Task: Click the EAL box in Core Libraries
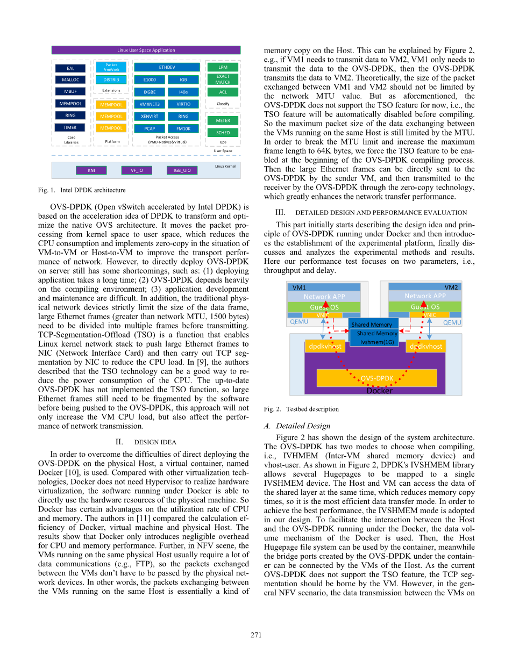pos(70,68)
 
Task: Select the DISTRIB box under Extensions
pos(111,80)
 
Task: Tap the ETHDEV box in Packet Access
pos(167,68)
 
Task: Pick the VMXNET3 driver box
pos(150,104)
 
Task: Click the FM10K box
pos(183,128)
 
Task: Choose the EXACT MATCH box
pos(223,80)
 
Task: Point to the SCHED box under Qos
pos(223,132)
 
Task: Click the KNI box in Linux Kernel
pos(91,170)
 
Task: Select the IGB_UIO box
pos(182,170)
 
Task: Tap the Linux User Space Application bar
pos(146,50)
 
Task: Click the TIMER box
pos(70,127)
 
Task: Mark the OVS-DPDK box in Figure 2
pos(376,378)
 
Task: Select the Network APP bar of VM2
pos(425,296)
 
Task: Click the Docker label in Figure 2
pos(379,391)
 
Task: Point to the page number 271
pos(256,635)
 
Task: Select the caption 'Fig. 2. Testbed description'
pos(301,409)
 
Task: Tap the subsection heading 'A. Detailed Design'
pos(297,426)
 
